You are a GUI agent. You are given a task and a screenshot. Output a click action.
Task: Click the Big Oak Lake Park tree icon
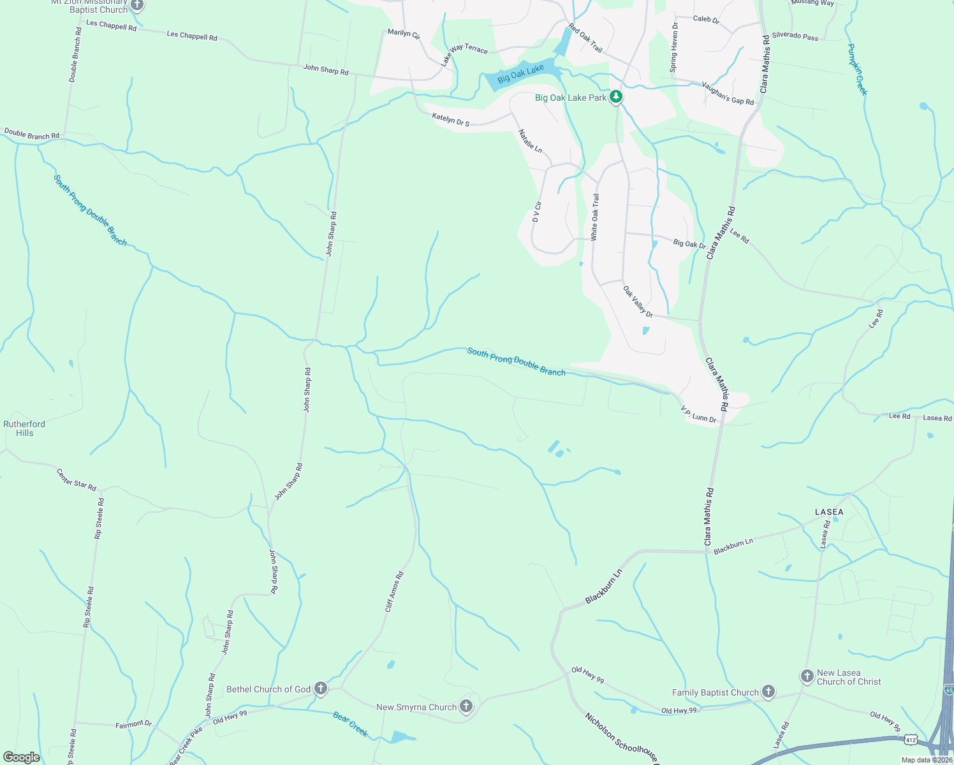[x=615, y=97]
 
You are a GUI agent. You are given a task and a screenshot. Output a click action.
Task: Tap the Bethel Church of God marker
[x=321, y=688]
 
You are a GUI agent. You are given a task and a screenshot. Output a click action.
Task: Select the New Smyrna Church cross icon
[x=466, y=706]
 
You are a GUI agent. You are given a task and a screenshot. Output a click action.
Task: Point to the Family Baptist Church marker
[x=768, y=691]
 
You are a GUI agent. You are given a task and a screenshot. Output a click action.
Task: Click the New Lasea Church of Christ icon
[x=807, y=676]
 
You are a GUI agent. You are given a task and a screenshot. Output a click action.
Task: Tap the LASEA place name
[x=829, y=512]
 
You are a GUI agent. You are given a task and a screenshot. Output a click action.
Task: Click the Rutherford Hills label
[x=24, y=428]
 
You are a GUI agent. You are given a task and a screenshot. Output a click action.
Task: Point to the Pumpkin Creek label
[x=858, y=69]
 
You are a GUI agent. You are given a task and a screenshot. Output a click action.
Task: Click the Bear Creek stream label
[x=350, y=724]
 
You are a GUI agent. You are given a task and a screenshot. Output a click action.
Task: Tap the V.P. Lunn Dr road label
[x=698, y=414]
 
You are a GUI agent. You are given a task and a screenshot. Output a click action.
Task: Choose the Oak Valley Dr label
[x=638, y=302]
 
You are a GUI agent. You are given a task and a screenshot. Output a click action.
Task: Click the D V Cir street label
[x=537, y=212]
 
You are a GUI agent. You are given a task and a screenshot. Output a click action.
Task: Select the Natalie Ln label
[x=530, y=141]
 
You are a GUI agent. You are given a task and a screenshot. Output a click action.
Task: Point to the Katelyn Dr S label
[x=450, y=119]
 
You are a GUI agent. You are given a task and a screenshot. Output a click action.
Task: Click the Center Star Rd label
[x=77, y=480]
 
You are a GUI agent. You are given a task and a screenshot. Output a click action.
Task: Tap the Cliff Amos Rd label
[x=394, y=592]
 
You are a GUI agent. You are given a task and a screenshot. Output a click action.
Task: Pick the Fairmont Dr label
[x=134, y=724]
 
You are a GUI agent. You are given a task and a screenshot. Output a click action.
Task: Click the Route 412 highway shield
[x=910, y=739]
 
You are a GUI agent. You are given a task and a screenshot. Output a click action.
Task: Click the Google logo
[x=22, y=757]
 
